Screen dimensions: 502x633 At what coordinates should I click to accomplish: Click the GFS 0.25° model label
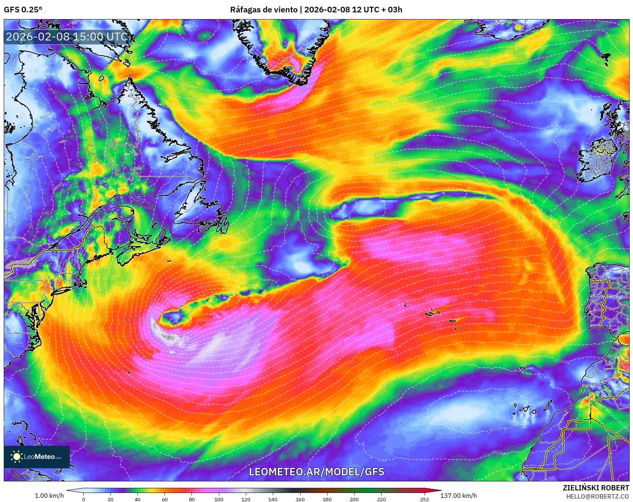tap(23, 10)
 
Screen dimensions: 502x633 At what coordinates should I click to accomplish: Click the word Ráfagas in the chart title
tap(245, 10)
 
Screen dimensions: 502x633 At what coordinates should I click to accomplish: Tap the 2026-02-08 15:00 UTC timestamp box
tap(67, 37)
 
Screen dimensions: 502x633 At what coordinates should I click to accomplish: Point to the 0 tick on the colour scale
tap(84, 499)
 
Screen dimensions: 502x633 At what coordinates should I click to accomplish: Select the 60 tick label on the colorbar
tap(165, 499)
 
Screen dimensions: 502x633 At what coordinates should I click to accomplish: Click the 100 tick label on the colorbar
tap(219, 499)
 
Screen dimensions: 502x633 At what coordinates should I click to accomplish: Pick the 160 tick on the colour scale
tap(300, 499)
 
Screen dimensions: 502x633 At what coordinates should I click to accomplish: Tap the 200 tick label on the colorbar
tap(354, 499)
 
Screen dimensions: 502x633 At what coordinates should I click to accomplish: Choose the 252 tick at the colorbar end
tap(424, 499)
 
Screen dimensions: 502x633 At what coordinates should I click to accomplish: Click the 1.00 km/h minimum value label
tap(49, 496)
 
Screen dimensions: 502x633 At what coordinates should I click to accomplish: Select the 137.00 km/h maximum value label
tap(458, 496)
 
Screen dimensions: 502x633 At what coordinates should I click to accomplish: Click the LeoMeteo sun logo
tap(16, 457)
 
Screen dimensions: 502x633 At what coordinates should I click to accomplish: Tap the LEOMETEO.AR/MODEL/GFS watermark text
tap(317, 472)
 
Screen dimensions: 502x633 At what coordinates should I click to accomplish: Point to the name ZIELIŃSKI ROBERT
tap(596, 488)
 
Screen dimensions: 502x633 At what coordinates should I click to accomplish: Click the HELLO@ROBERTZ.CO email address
tap(597, 496)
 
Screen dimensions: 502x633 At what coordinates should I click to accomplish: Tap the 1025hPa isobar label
tap(497, 429)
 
